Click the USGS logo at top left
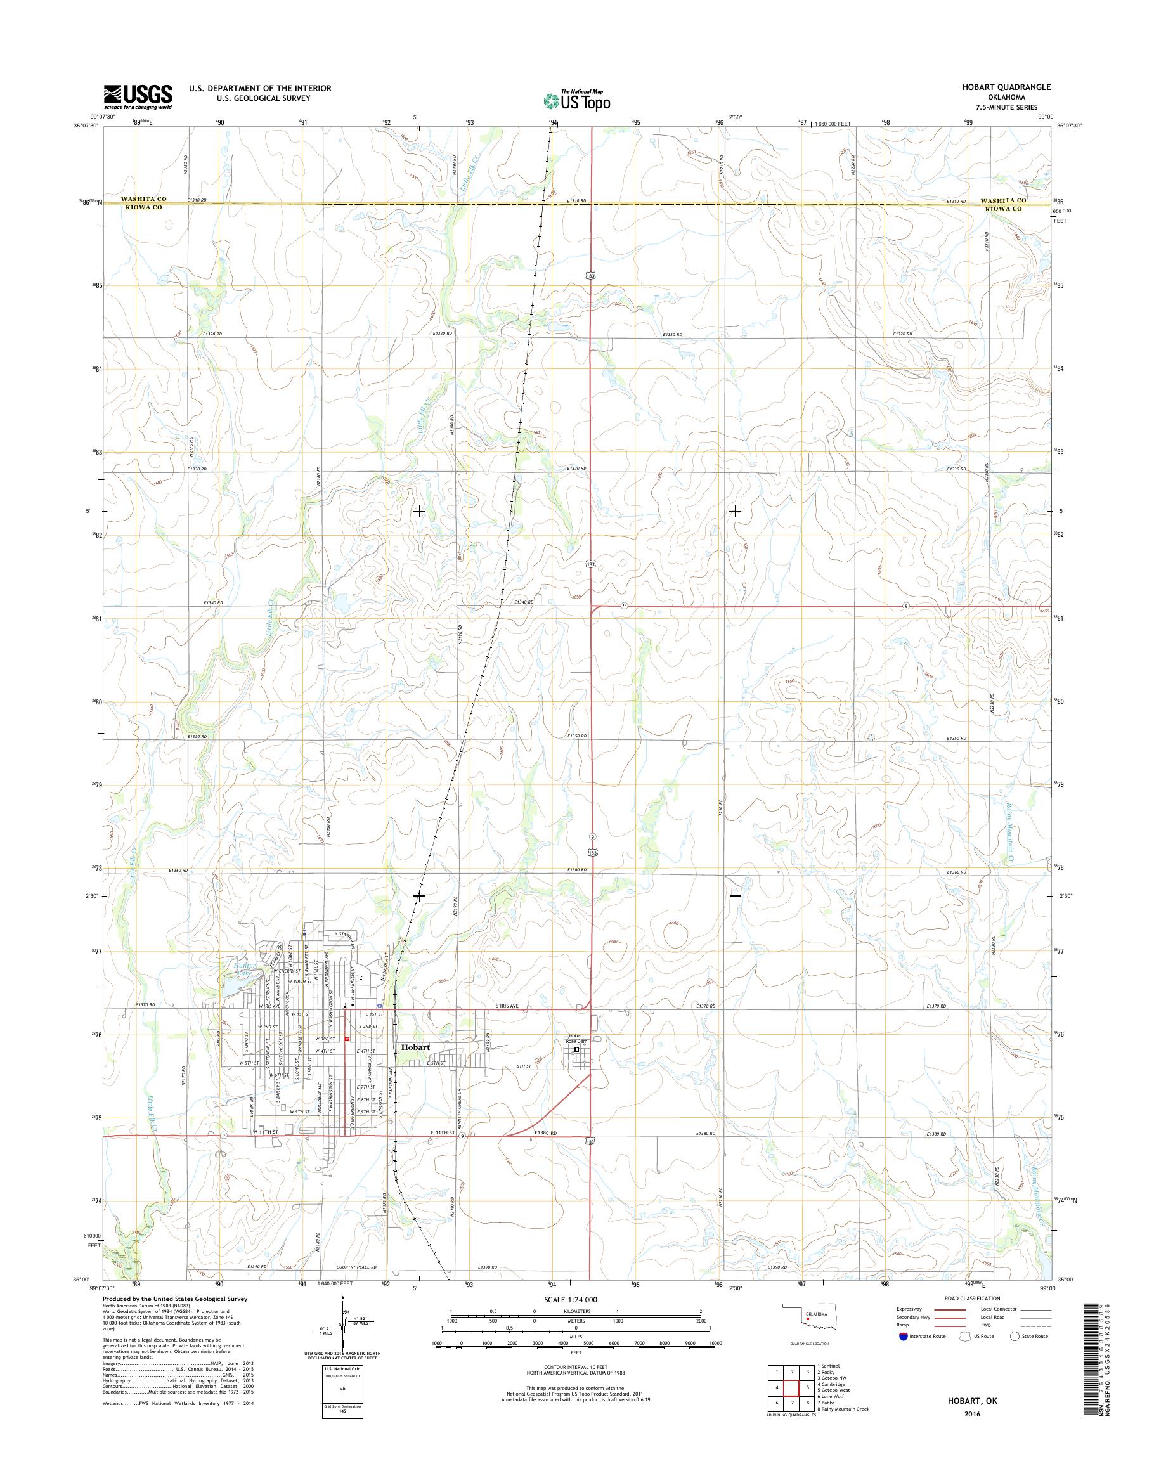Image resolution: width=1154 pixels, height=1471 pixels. click(x=137, y=97)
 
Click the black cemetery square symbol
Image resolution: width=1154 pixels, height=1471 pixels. click(x=576, y=1069)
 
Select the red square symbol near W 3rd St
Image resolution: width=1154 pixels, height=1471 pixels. click(x=347, y=1058)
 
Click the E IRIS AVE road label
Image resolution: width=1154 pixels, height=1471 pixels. click(x=504, y=1025)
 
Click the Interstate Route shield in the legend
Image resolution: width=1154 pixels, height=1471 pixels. click(x=904, y=1336)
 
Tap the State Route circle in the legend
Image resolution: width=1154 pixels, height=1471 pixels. click(x=1013, y=1336)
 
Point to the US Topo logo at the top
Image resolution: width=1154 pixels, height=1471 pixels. click(x=576, y=101)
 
